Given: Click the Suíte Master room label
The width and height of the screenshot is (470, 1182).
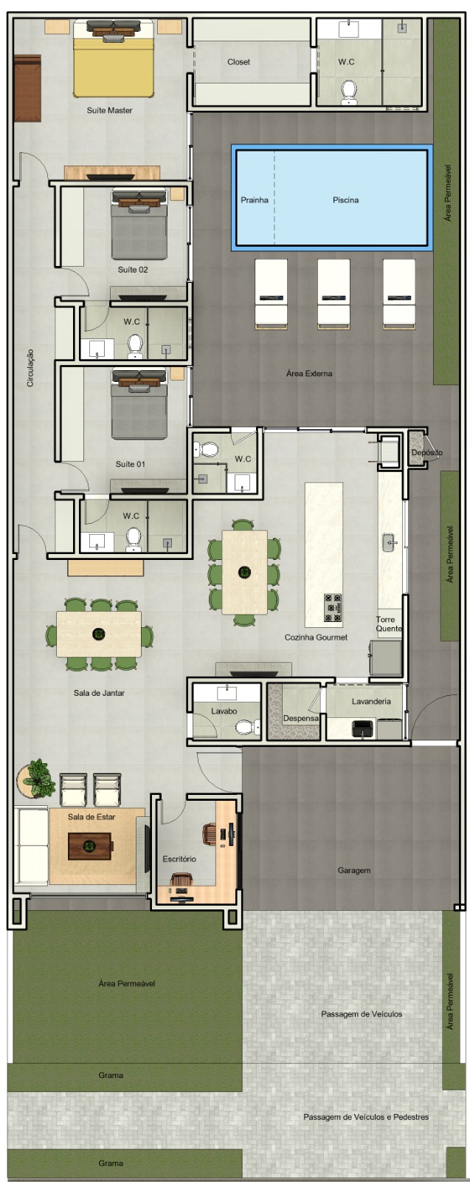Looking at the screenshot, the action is tap(109, 110).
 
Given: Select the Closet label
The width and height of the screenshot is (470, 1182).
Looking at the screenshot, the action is tap(238, 62).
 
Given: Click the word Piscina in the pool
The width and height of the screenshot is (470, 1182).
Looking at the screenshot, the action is tap(345, 200).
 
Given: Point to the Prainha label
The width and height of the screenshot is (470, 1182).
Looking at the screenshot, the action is tap(255, 200).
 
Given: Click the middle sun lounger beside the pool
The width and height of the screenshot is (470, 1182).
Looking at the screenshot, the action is tap(334, 294).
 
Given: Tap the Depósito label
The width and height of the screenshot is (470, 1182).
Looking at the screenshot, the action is tap(426, 452).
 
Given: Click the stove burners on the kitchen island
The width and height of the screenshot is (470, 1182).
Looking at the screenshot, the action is tap(333, 609).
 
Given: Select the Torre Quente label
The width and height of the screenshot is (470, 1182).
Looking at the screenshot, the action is tap(389, 624).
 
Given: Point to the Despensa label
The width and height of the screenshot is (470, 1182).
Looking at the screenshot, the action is tap(301, 718).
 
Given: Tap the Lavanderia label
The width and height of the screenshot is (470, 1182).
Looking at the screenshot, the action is tap(371, 701).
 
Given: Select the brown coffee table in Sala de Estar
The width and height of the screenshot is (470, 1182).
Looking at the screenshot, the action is tap(90, 846).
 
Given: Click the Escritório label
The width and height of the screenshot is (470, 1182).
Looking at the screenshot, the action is tap(179, 859).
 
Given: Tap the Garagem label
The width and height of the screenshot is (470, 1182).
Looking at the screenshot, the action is tap(354, 870).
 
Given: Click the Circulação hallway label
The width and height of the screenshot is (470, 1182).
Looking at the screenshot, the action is tap(30, 368).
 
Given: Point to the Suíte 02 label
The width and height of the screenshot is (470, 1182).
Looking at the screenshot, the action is tap(133, 270).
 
